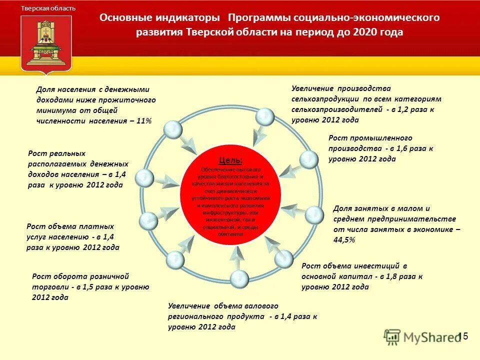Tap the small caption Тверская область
tap(48, 8)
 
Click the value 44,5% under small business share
tap(344, 240)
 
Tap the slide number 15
tap(463, 336)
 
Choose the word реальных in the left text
tap(67, 153)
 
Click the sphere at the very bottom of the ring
tap(240, 279)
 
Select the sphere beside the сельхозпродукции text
tap(264, 117)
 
